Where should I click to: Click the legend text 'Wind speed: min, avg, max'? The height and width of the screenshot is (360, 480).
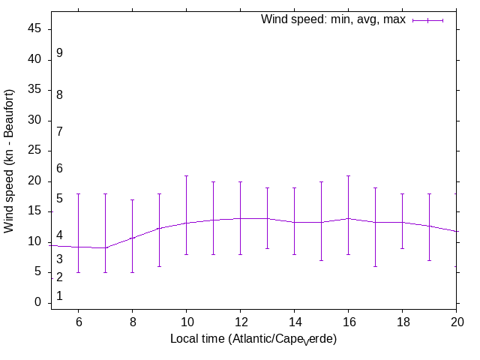(x=333, y=19)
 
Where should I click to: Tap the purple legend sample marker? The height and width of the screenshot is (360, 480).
(x=428, y=20)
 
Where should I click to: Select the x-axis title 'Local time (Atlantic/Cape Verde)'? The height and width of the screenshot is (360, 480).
(x=253, y=340)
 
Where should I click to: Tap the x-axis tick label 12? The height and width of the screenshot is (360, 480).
(x=240, y=321)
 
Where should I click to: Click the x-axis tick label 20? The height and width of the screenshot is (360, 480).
(x=456, y=321)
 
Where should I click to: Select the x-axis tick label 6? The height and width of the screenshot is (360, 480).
(x=78, y=321)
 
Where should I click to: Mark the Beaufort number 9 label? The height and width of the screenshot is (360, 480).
(x=59, y=53)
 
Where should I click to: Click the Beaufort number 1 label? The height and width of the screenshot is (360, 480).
(x=59, y=296)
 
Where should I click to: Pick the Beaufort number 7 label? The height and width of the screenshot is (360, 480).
(x=59, y=132)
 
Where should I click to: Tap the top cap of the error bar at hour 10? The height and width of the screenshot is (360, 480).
(x=186, y=175)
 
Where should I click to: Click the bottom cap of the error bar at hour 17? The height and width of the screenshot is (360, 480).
(x=375, y=266)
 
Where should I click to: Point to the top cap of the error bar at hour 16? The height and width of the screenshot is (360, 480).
(x=348, y=175)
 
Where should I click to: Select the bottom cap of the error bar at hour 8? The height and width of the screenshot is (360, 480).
(x=132, y=272)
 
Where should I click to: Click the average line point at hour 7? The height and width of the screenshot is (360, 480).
(x=105, y=247)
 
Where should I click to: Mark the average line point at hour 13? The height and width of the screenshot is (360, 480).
(x=267, y=218)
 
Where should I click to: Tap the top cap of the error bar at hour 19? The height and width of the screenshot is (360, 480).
(x=429, y=193)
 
